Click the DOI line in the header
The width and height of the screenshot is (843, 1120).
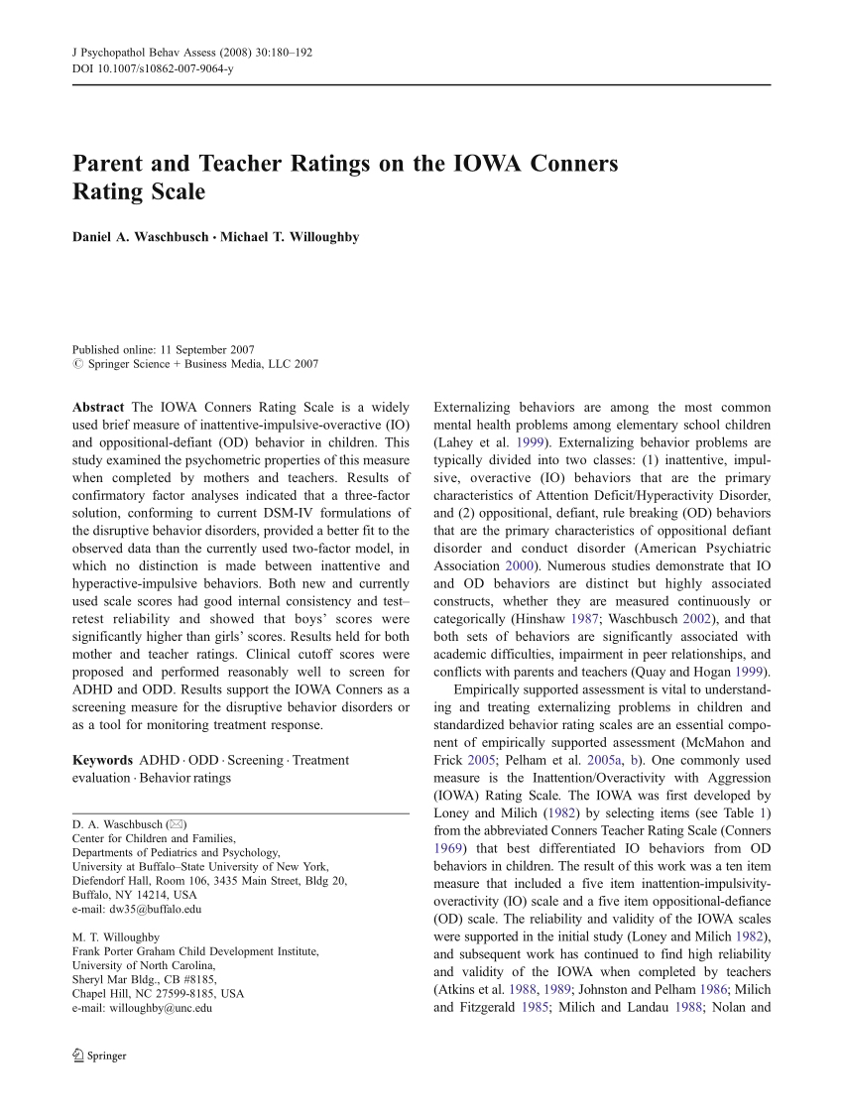point(153,67)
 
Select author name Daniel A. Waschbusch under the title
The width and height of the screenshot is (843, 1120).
point(139,237)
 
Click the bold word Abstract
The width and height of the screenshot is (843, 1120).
point(98,408)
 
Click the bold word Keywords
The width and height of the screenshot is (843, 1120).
point(103,760)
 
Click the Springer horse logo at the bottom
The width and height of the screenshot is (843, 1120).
point(78,1056)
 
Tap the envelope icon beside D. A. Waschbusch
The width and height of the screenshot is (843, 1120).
point(174,824)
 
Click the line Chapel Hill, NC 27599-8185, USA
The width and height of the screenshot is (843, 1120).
point(158,993)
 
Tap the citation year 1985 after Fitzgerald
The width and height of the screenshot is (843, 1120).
point(536,1008)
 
